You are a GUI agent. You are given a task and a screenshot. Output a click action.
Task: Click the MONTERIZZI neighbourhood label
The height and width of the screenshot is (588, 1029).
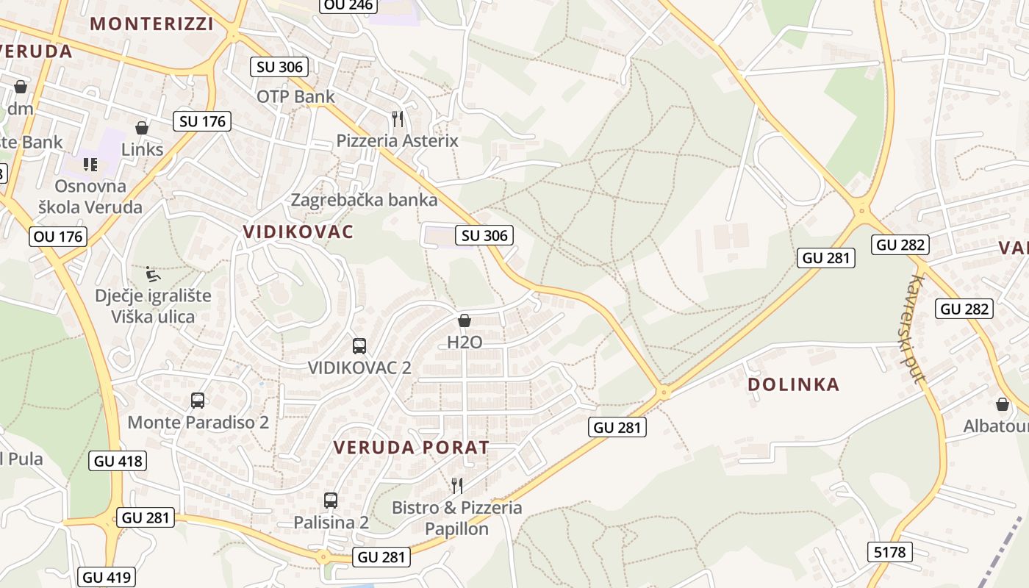(151, 24)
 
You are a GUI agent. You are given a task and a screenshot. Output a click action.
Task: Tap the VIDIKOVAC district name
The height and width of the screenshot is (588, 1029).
(298, 232)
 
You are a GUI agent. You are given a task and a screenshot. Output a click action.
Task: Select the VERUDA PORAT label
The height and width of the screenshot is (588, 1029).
(411, 447)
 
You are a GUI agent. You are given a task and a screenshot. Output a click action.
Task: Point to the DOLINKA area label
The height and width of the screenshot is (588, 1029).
(793, 384)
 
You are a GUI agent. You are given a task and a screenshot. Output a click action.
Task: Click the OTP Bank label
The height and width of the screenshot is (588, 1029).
(295, 96)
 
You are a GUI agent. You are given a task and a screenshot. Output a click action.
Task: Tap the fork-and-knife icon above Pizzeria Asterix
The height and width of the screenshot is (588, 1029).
(398, 118)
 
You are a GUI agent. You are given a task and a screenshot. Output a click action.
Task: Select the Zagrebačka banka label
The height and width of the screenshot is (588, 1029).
(364, 200)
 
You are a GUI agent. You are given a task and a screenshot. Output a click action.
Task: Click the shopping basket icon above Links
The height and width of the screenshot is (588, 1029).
(142, 128)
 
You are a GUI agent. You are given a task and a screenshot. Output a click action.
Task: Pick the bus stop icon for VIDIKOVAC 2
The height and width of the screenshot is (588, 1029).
(359, 345)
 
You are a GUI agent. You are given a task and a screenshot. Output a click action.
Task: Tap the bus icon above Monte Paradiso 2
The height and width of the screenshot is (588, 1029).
(198, 401)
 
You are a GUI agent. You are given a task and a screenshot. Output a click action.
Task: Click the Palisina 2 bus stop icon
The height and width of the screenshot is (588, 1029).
(331, 501)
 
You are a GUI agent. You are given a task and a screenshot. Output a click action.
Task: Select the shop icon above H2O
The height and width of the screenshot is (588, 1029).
(465, 320)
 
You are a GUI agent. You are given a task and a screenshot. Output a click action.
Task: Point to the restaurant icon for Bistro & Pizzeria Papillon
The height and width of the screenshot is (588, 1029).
(457, 485)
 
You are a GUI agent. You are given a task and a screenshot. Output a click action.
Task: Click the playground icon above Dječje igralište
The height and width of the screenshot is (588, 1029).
(152, 274)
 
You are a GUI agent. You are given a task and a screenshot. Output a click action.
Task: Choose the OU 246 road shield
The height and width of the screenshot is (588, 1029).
(349, 6)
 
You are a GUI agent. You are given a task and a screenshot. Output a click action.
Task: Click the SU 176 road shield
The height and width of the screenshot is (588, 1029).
(203, 121)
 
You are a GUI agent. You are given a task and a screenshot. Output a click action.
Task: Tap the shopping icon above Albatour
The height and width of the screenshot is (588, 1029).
(1003, 404)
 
